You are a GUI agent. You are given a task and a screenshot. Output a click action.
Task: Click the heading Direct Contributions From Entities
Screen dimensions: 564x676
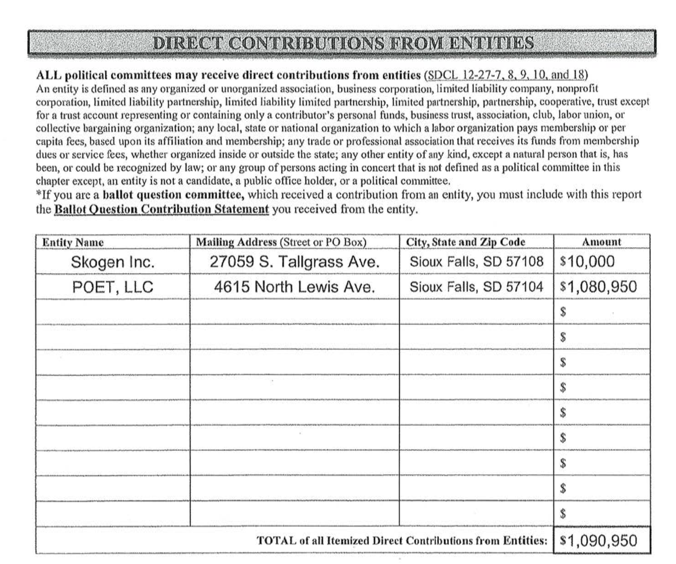tap(343, 43)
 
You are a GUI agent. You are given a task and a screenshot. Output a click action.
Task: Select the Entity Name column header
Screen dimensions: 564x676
tap(73, 242)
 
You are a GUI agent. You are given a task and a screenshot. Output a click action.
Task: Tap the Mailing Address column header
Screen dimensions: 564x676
tap(281, 242)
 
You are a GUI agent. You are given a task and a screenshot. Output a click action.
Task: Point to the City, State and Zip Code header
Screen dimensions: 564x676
tap(465, 242)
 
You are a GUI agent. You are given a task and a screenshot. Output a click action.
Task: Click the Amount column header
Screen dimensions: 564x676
tap(601, 242)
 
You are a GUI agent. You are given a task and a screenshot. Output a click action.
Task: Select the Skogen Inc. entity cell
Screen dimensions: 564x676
tap(113, 262)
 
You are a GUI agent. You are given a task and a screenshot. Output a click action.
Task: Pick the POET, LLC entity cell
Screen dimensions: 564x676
tap(113, 287)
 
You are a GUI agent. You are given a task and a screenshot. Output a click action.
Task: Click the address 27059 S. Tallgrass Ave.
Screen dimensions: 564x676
tap(294, 262)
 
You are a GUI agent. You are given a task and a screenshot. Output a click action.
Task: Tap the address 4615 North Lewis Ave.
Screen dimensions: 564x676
tap(294, 287)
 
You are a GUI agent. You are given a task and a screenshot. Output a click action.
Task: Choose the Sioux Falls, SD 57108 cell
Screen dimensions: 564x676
tap(476, 262)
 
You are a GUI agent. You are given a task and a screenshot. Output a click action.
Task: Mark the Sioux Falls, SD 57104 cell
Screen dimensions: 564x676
tap(476, 287)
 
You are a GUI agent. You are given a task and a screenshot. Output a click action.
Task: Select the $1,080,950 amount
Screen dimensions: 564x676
tap(598, 287)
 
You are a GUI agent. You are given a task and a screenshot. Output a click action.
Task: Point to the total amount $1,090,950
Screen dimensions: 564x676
tap(598, 540)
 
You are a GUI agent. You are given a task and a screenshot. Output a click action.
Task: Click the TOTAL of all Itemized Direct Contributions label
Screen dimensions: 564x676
tap(402, 540)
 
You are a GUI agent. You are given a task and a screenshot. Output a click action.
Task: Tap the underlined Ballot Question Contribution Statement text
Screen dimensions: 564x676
tap(161, 209)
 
